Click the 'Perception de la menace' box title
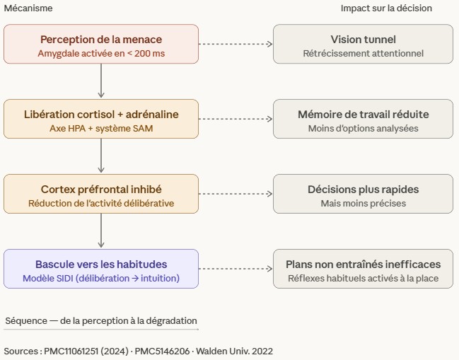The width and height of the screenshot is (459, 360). tap(101, 39)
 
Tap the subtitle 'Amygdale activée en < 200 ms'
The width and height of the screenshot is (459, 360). tap(101, 53)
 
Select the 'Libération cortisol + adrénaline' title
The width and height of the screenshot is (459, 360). tap(101, 114)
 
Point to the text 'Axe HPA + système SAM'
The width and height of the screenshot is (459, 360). tap(101, 129)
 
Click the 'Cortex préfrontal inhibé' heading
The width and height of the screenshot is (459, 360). tap(101, 190)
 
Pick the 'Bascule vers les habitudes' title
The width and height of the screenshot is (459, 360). tap(101, 264)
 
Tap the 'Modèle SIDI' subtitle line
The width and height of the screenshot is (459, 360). tap(101, 279)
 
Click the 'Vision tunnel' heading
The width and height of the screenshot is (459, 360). tap(363, 39)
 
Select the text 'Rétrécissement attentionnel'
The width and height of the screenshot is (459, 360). tap(363, 53)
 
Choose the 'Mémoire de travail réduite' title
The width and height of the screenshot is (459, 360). tap(363, 114)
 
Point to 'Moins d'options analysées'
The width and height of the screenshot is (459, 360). tap(363, 129)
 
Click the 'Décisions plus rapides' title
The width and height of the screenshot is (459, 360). tap(363, 190)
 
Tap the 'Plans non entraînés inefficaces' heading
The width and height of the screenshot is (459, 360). tap(363, 264)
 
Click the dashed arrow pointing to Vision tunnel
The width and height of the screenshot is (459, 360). tap(236, 44)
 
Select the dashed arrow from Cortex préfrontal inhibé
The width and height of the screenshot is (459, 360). tap(236, 194)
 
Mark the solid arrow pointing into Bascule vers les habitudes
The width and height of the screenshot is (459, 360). tap(101, 231)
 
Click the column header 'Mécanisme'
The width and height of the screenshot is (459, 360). tap(28, 8)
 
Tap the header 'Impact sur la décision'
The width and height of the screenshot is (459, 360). tap(386, 8)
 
